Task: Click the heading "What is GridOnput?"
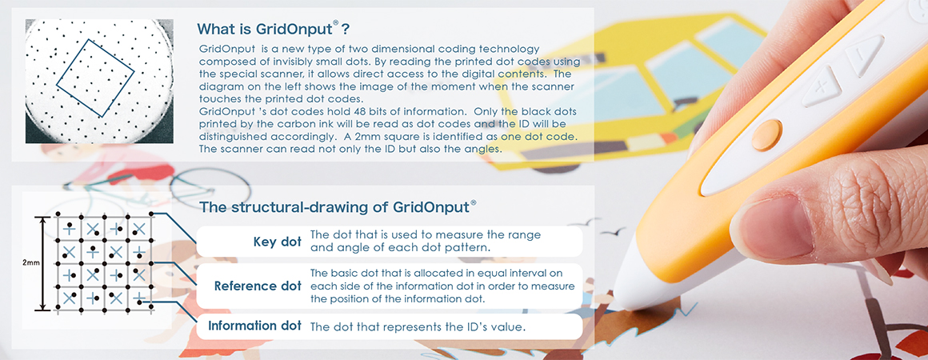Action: [273, 28]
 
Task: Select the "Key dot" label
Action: [277, 242]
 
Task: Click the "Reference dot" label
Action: [258, 286]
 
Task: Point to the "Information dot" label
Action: [254, 326]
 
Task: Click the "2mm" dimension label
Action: [30, 262]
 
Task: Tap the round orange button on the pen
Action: [767, 135]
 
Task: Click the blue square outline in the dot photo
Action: [95, 78]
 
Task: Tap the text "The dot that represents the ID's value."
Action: [418, 326]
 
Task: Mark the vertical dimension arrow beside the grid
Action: [42, 263]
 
